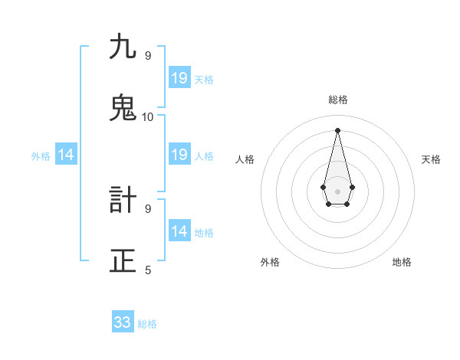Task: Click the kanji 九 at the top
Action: click(x=123, y=47)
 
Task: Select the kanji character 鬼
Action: click(x=123, y=108)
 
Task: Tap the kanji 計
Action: click(x=123, y=201)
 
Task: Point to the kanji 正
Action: click(x=123, y=261)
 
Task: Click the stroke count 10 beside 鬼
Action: click(x=148, y=116)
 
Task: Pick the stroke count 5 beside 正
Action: click(x=148, y=270)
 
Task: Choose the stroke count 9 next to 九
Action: click(x=148, y=56)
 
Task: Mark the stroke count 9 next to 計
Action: click(x=148, y=208)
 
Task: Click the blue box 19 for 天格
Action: click(x=179, y=78)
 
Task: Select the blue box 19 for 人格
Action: click(x=179, y=155)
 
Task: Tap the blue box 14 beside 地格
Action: click(x=179, y=231)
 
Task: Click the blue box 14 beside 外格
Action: click(x=66, y=155)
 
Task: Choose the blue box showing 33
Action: click(x=123, y=322)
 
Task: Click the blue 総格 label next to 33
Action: click(x=147, y=324)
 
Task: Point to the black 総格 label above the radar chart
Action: click(x=338, y=100)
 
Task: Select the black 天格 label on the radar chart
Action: click(x=431, y=159)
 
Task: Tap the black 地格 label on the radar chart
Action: click(x=402, y=262)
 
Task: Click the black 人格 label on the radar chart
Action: click(x=245, y=159)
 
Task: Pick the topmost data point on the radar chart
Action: click(x=337, y=130)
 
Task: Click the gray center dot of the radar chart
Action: click(x=337, y=191)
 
